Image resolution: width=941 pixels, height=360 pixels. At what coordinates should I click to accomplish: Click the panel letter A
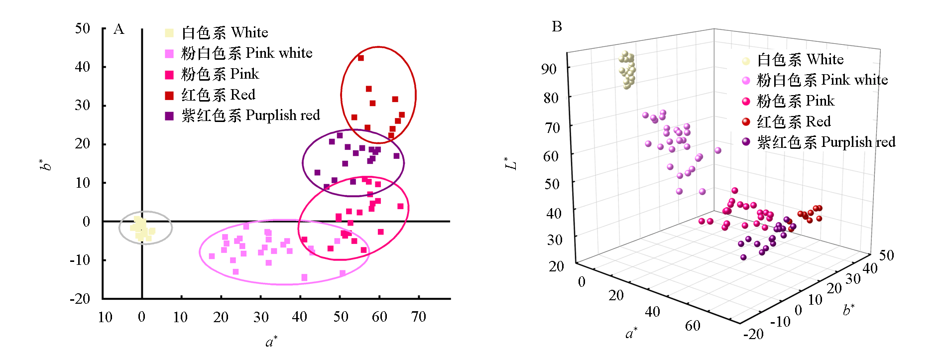(x=118, y=29)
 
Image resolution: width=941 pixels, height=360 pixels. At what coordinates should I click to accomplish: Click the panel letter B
(x=557, y=27)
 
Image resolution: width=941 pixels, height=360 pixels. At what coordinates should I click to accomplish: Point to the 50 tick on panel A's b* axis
(x=83, y=28)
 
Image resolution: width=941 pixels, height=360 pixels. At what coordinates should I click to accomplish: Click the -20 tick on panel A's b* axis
(x=80, y=299)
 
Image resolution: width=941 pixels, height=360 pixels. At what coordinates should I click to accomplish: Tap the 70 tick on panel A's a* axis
(x=419, y=317)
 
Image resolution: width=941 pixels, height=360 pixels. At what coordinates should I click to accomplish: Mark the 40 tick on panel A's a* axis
(x=300, y=317)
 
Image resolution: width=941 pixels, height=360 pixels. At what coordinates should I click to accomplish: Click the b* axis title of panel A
(x=45, y=164)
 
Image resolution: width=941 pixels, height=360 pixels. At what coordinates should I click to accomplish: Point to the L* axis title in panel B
(x=511, y=163)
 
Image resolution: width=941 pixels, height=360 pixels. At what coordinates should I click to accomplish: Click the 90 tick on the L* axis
(x=549, y=69)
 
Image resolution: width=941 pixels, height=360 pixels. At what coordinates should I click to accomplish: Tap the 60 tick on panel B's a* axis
(x=693, y=326)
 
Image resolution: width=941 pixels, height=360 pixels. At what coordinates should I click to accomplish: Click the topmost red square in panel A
(x=361, y=58)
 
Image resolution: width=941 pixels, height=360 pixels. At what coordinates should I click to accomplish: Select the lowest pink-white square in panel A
(x=304, y=277)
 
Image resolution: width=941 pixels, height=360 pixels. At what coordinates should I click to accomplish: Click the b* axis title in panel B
(x=848, y=310)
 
